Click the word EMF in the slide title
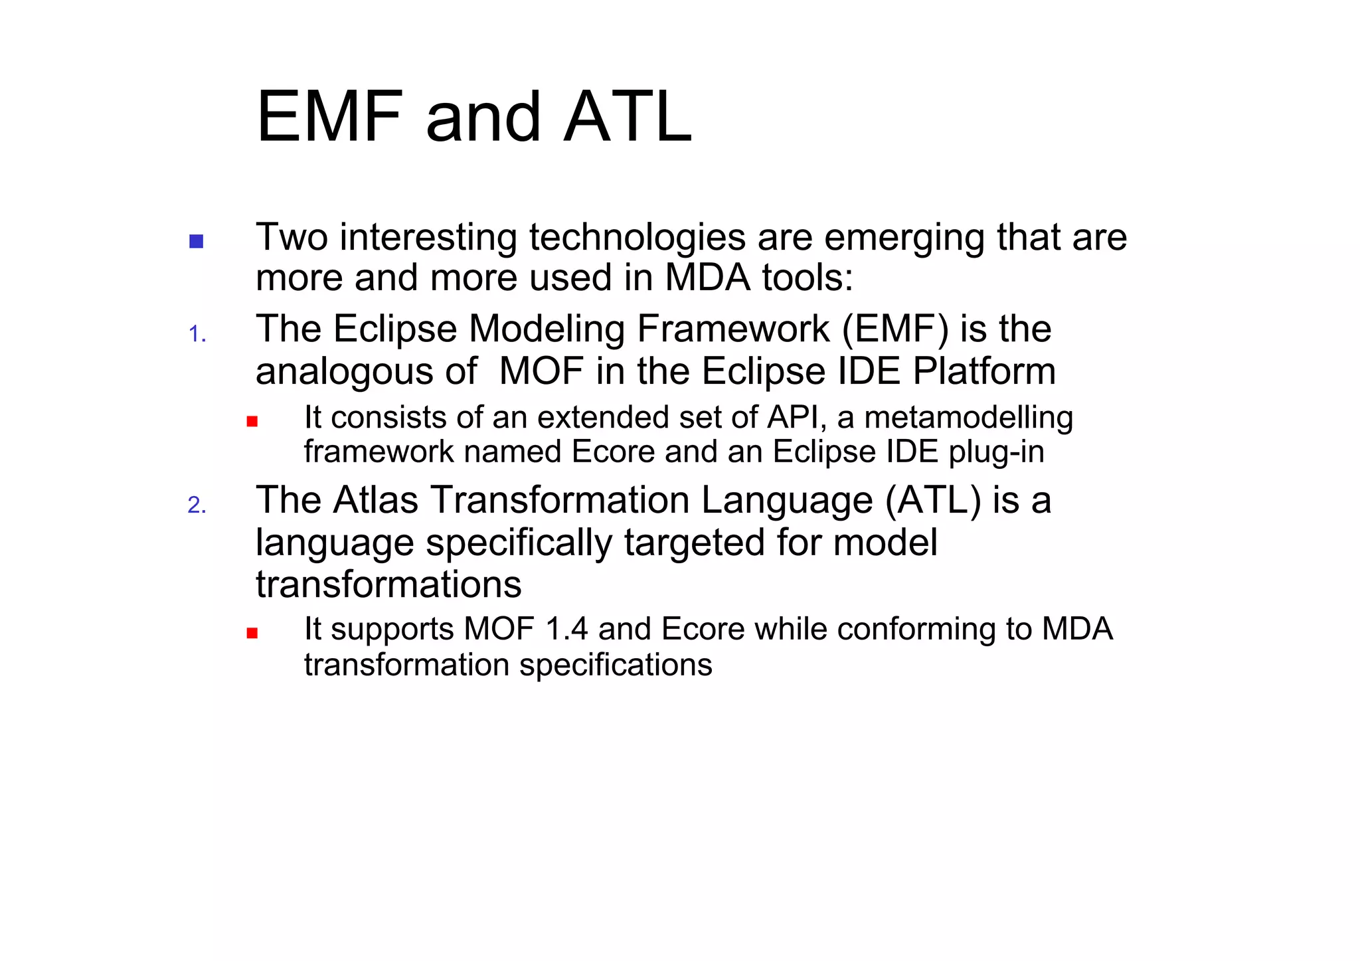pyautogui.click(x=329, y=118)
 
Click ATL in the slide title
pyautogui.click(x=628, y=118)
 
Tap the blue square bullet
pyautogui.click(x=196, y=241)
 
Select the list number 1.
pyautogui.click(x=197, y=333)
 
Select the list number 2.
pyautogui.click(x=197, y=505)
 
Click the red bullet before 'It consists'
pyautogui.click(x=252, y=421)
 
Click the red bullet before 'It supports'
pyautogui.click(x=252, y=633)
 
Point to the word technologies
pyautogui.click(x=637, y=238)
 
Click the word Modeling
pyautogui.click(x=547, y=329)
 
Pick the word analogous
pyautogui.click(x=366, y=371)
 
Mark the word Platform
pyautogui.click(x=984, y=371)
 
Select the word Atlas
pyautogui.click(x=376, y=500)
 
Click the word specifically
pyautogui.click(x=519, y=543)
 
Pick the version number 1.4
pyautogui.click(x=566, y=629)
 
